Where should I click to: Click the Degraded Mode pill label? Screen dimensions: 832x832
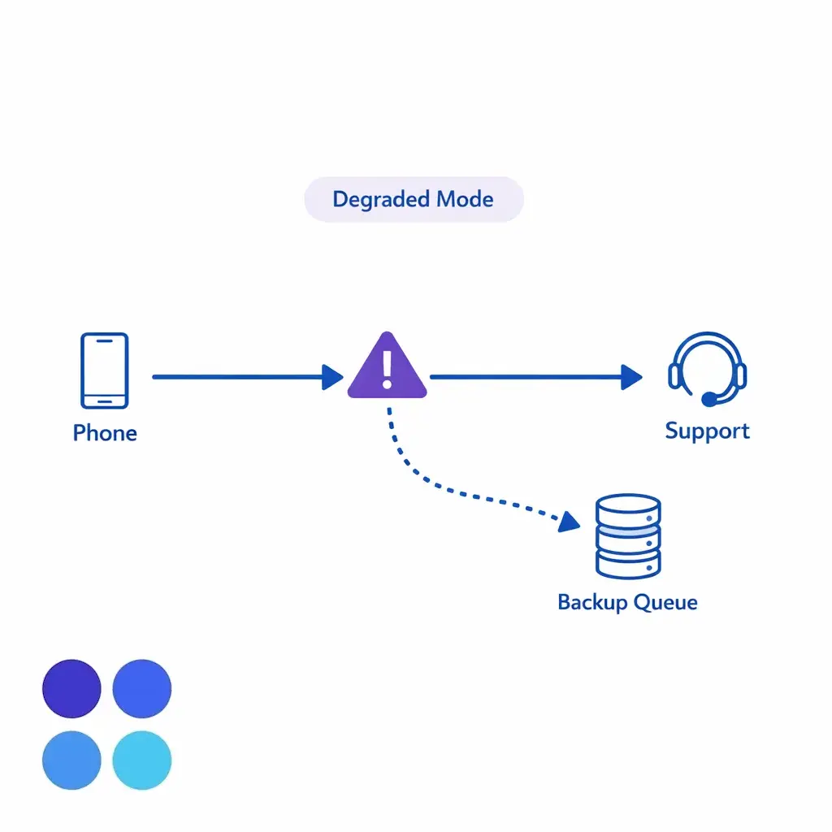(x=414, y=199)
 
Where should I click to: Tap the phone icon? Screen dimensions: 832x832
(x=104, y=370)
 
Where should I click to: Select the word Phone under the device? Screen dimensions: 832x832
(x=105, y=432)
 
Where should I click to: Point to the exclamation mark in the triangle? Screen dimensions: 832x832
(x=387, y=368)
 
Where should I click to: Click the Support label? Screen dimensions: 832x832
(x=707, y=431)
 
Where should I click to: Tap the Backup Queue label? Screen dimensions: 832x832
(x=627, y=602)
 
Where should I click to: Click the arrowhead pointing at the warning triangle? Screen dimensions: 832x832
(x=332, y=377)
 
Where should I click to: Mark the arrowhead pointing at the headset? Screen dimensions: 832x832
(x=631, y=377)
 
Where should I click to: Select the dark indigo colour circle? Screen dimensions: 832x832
(x=71, y=689)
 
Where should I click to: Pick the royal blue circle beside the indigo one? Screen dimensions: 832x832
(x=142, y=689)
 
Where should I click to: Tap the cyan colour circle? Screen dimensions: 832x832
(x=142, y=760)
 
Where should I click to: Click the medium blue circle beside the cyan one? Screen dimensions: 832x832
(x=71, y=760)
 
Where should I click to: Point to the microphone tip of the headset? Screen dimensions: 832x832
(x=709, y=399)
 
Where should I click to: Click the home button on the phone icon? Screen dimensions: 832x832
(x=104, y=400)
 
